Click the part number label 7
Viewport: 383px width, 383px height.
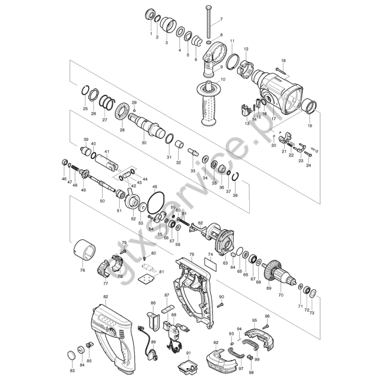tap(222, 19)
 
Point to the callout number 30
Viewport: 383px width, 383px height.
tap(144, 143)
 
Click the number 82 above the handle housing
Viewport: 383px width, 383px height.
tap(105, 296)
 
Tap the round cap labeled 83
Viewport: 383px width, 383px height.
tap(71, 355)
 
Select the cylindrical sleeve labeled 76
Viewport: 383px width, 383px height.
tap(84, 249)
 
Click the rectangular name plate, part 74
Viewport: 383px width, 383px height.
tap(210, 265)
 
